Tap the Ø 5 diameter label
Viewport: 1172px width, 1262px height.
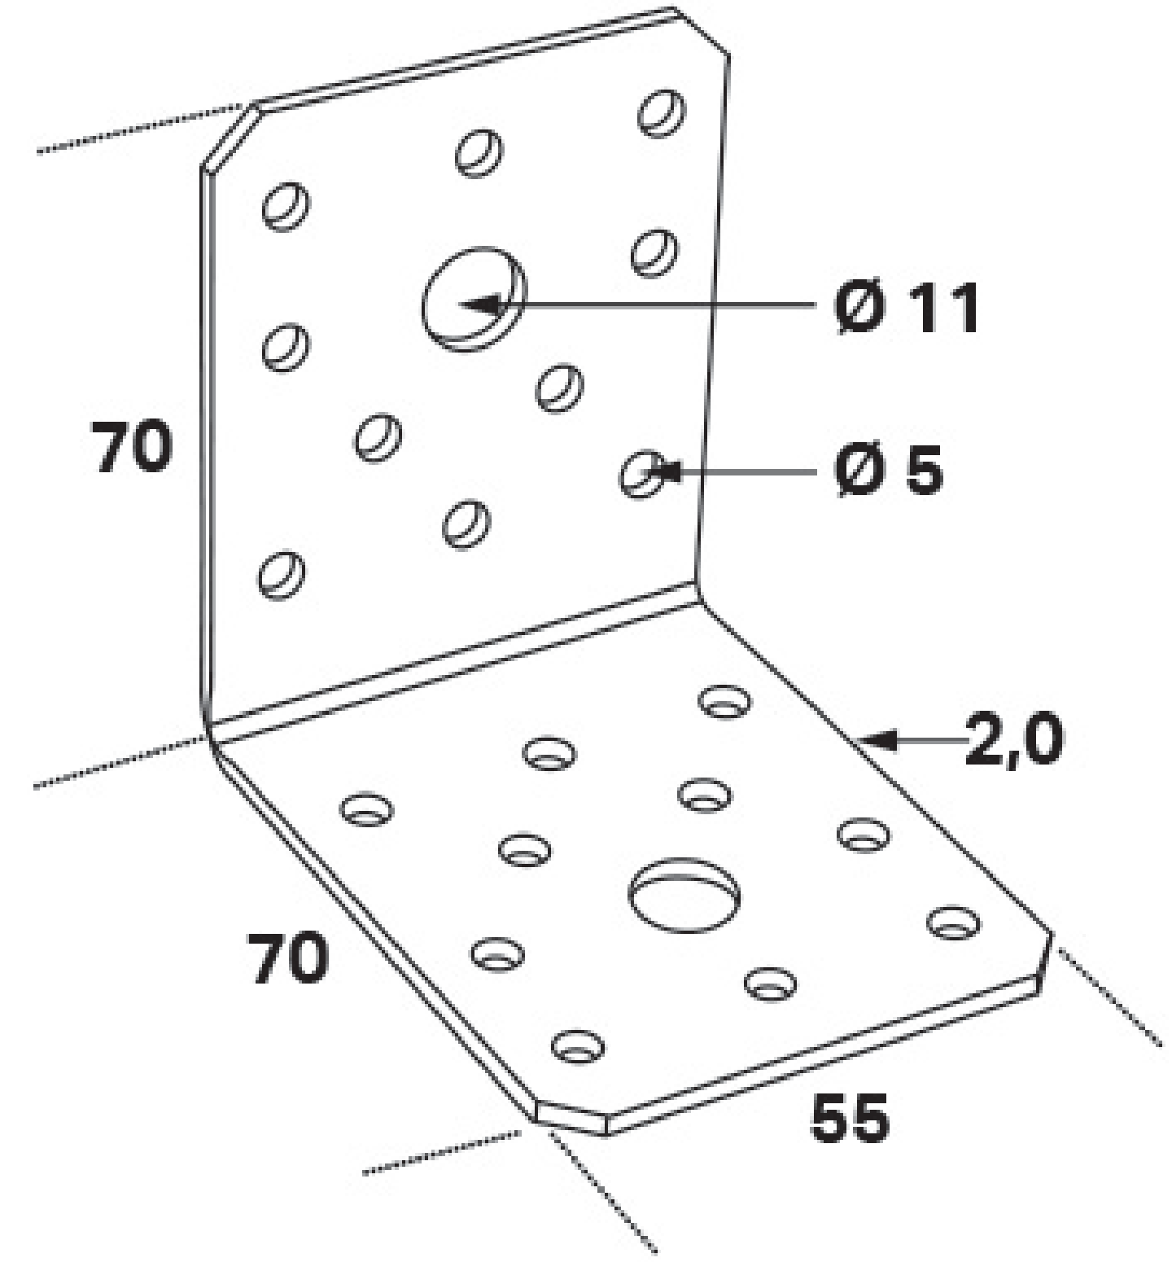(x=889, y=470)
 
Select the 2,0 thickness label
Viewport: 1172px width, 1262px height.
(x=1013, y=739)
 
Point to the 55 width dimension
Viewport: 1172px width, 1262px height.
(x=850, y=1118)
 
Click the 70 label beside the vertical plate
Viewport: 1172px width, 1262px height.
(x=132, y=446)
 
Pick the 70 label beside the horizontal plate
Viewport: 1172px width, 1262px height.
(x=289, y=958)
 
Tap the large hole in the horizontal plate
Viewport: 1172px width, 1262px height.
(x=684, y=894)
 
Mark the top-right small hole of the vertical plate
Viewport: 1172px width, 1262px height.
(x=661, y=113)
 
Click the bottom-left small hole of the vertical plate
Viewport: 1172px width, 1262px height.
(x=282, y=575)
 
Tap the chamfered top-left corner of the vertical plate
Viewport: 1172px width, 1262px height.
(x=229, y=137)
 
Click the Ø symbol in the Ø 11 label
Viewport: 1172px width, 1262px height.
(x=859, y=308)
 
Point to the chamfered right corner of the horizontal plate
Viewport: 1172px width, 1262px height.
(x=1044, y=962)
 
